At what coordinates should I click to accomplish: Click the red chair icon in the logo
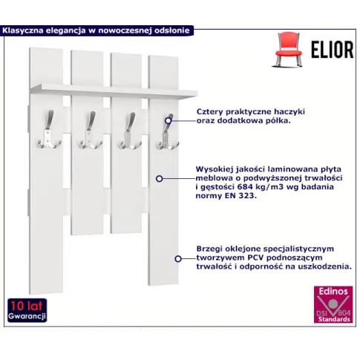288,50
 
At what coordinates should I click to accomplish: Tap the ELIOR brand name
332,50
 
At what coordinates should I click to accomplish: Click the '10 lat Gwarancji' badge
27,310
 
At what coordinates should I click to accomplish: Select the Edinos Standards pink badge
333,304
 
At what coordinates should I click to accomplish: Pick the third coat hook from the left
130,131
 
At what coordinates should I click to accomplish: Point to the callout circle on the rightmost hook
168,120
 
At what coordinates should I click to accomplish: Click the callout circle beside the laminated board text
160,178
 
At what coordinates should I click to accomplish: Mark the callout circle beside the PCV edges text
178,259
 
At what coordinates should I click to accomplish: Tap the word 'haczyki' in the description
289,111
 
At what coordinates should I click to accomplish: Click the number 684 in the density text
244,186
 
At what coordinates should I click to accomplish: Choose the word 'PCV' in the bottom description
256,258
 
